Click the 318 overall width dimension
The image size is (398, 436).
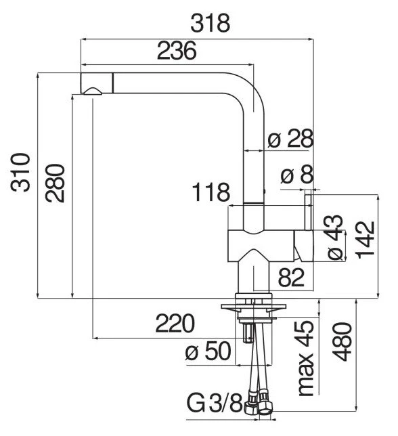(x=210, y=23)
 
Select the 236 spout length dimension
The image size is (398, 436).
(x=177, y=51)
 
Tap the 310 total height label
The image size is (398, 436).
(x=20, y=173)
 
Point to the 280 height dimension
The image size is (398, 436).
(x=55, y=183)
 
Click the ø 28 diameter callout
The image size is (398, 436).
(x=291, y=138)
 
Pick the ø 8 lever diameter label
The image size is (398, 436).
(x=297, y=175)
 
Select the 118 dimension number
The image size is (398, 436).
(x=211, y=192)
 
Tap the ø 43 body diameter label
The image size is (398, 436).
(x=336, y=238)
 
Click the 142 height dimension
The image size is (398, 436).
(x=366, y=240)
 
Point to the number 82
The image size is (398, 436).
(x=291, y=278)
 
